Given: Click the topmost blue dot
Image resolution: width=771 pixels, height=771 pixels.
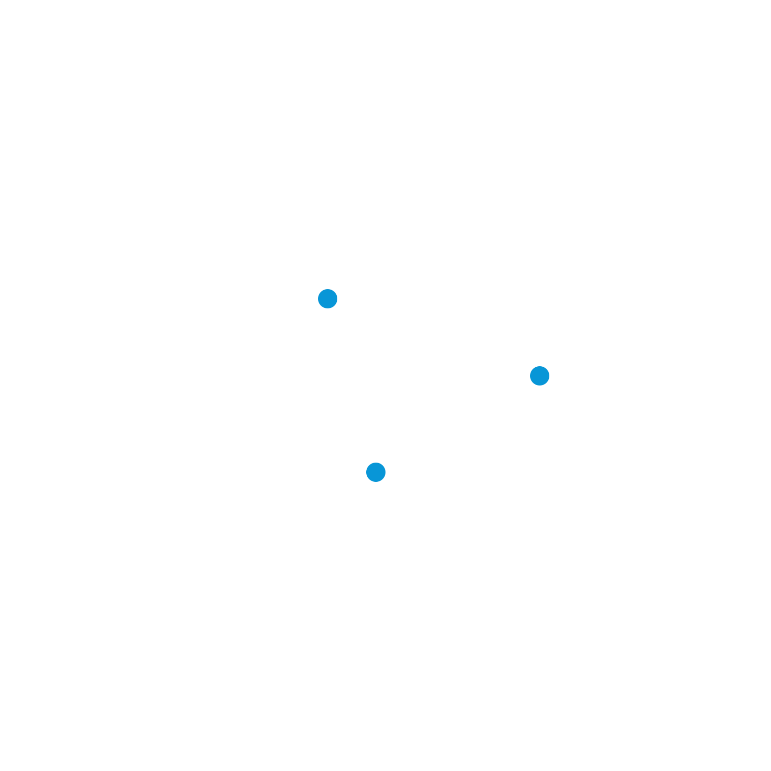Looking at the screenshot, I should tap(328, 299).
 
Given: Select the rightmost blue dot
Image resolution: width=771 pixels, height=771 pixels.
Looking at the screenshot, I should tap(540, 376).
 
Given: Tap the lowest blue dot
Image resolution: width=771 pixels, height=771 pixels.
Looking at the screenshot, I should tap(376, 472).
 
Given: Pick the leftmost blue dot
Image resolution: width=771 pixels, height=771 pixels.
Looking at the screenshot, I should tap(328, 299).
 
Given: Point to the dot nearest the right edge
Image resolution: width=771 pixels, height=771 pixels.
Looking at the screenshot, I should tap(540, 376).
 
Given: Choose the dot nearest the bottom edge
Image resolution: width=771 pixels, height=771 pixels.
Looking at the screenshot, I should tap(376, 472).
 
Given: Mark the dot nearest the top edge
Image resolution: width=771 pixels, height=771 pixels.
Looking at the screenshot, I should tap(328, 299).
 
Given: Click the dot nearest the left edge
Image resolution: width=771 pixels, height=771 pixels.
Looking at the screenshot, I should tap(328, 299).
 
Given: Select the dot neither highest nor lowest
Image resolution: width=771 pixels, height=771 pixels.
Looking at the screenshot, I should tap(540, 376).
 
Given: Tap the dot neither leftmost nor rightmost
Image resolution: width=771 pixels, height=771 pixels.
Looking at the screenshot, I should tap(376, 472).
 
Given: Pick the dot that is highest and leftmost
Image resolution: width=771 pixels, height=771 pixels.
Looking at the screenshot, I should tap(328, 299).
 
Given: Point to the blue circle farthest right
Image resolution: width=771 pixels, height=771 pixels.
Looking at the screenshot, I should tap(540, 376).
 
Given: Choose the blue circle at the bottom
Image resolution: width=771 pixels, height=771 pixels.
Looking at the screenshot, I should tap(376, 472).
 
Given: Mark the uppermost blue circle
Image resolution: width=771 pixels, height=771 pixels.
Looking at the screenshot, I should tap(328, 299).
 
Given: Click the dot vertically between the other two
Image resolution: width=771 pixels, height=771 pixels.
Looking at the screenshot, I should tap(540, 376).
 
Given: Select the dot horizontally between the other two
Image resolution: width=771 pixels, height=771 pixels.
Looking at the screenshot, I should tap(376, 472).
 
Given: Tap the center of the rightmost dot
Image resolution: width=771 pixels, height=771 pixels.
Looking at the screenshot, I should tap(540, 376).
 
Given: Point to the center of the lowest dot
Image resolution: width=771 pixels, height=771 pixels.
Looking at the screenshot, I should tap(376, 472).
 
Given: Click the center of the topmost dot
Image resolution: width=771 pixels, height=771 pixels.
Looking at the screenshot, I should tap(328, 299).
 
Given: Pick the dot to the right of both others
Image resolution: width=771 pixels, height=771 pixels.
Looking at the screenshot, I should tap(540, 376).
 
